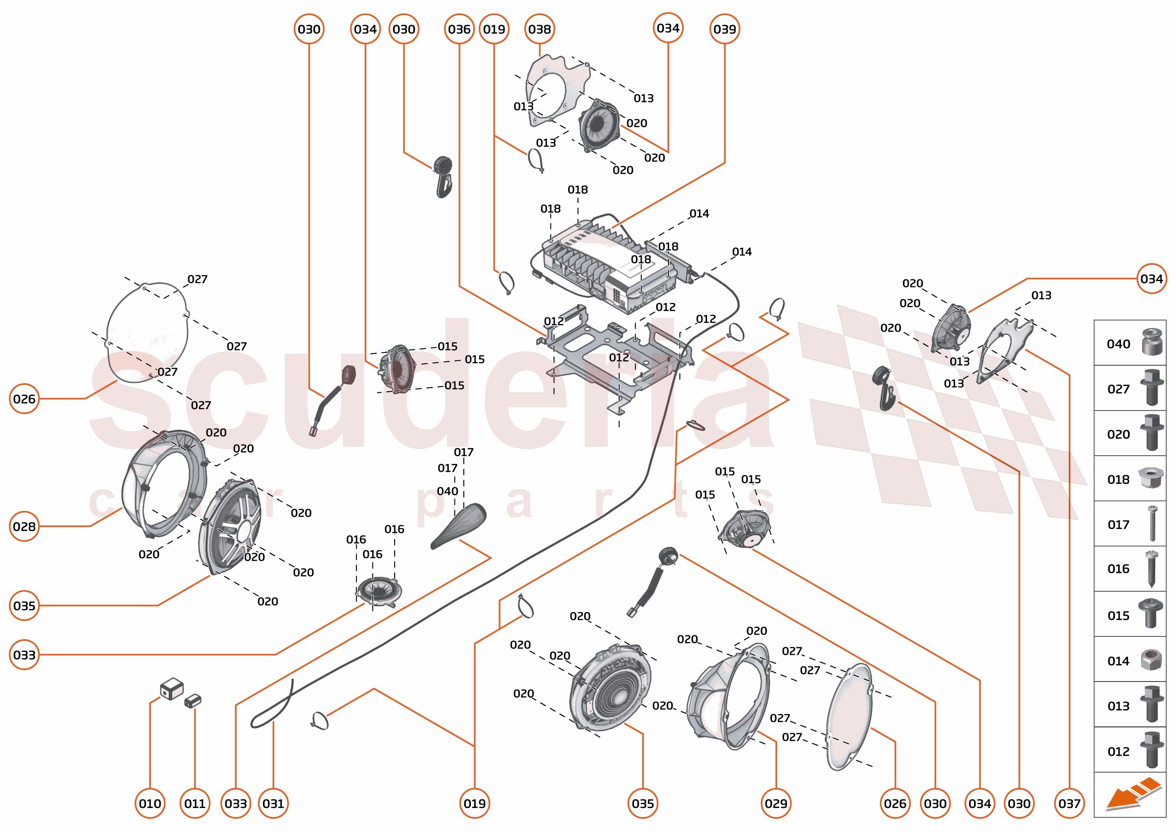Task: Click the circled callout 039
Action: (x=724, y=29)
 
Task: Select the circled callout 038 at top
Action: (x=539, y=29)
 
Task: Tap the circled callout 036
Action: (x=459, y=29)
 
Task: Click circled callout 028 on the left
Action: (x=24, y=526)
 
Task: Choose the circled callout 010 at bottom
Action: (x=150, y=803)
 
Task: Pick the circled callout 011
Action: (x=195, y=803)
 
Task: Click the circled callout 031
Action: (x=273, y=803)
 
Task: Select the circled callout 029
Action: (x=776, y=803)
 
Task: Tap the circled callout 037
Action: (x=1069, y=803)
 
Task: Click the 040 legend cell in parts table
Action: (x=1129, y=343)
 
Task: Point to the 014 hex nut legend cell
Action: (x=1129, y=660)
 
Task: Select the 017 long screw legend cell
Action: (x=1129, y=524)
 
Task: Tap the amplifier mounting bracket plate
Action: (x=615, y=358)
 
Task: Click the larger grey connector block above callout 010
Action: (x=172, y=688)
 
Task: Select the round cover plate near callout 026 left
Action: (x=148, y=332)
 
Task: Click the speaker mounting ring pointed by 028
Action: (x=164, y=482)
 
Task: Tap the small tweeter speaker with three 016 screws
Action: (x=379, y=591)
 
